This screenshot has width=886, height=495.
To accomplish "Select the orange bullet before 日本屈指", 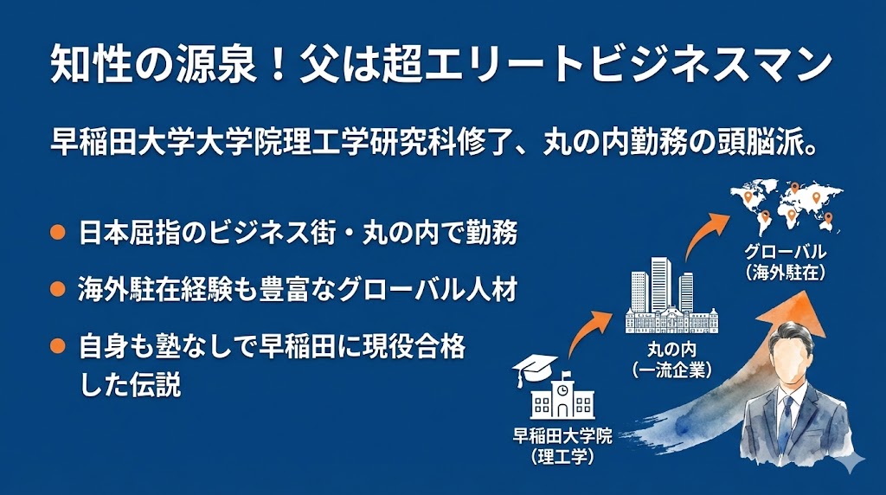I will point(58,233).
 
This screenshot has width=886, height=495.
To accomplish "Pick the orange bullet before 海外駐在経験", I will point(58,289).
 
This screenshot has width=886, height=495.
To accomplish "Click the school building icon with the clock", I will point(563,397).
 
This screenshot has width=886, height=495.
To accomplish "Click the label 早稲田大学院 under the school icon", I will point(562,436).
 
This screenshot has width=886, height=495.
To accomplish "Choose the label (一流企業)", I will point(671,370).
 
